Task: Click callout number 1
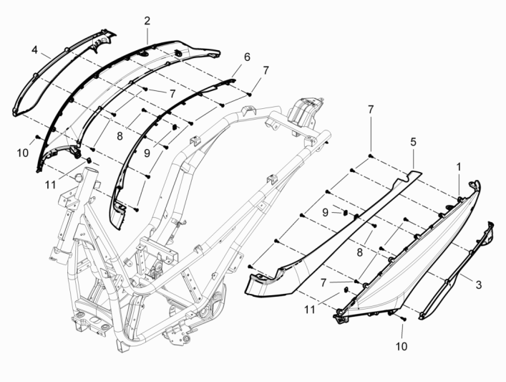click(459, 166)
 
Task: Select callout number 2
click(147, 21)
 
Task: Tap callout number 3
click(480, 285)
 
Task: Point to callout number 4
click(34, 49)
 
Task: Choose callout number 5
click(413, 143)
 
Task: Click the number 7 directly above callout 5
click(371, 109)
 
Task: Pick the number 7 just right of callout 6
click(266, 70)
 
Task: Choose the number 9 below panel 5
click(325, 212)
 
